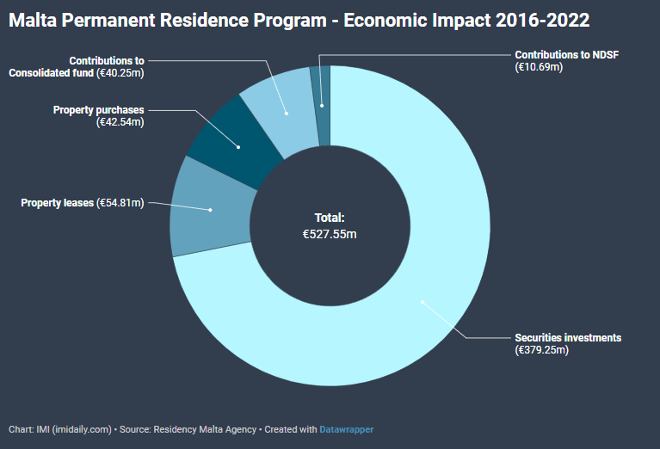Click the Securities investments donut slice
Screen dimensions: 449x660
point(422,301)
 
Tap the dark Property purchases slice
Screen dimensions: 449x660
point(238,146)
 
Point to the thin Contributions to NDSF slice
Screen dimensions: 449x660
point(322,105)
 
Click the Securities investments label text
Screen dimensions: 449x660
point(567,337)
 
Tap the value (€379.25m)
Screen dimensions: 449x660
point(541,350)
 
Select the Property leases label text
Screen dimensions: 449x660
point(57,203)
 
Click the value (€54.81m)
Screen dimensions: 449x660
point(120,203)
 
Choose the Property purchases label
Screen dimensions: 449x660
point(98,110)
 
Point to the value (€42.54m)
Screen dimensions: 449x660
point(120,122)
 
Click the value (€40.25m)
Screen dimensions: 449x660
point(120,73)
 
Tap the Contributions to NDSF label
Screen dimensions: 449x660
point(567,54)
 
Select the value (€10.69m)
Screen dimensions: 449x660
point(539,66)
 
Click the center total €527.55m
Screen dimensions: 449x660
point(329,234)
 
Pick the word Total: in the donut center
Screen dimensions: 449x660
point(329,218)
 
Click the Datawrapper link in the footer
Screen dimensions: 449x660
point(347,428)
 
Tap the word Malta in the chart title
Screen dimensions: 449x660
point(32,20)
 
